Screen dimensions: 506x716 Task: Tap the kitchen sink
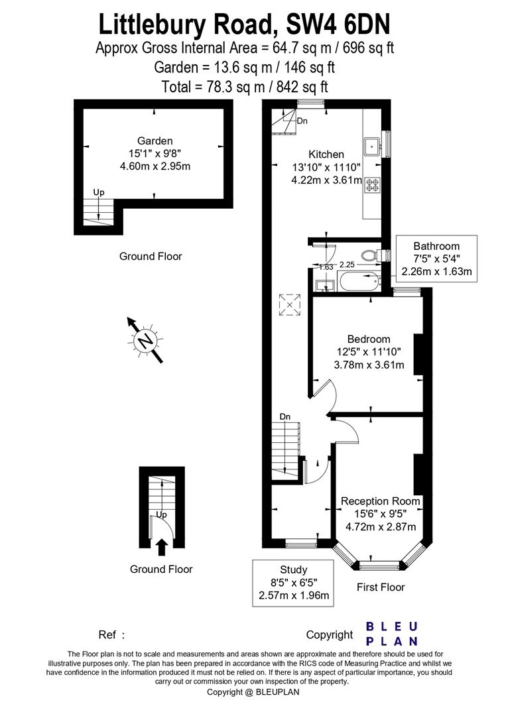pos(373,146)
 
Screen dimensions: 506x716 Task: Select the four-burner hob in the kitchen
pos(372,184)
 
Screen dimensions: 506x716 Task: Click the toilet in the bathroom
pos(370,255)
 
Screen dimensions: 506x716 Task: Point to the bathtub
pos(359,280)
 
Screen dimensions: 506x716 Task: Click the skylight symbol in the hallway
pos(290,304)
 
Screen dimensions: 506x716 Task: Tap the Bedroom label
pos(369,339)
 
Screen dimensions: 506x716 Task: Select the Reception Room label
pos(381,501)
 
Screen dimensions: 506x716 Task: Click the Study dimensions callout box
pos(293,583)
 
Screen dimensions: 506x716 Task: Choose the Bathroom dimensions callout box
pos(436,259)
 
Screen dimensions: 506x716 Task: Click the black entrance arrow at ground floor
pos(161,547)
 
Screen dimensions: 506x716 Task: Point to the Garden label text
pos(155,141)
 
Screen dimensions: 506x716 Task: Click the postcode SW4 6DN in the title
pos(338,25)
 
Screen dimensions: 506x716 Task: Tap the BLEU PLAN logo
pos(392,634)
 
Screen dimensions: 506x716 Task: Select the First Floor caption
pos(381,587)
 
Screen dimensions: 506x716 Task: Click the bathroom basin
pos(325,286)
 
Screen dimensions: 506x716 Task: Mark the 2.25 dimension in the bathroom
pos(347,264)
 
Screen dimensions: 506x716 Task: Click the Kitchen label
pos(326,154)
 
